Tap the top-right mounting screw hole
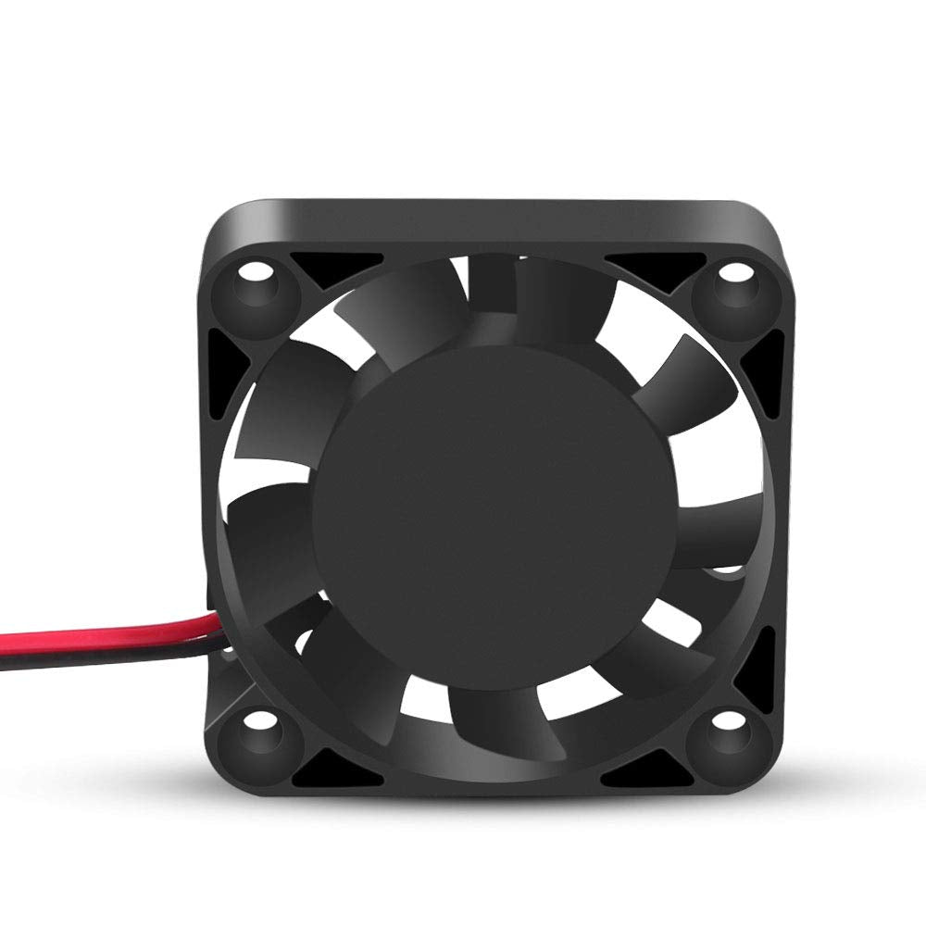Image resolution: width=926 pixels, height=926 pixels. coord(734,272)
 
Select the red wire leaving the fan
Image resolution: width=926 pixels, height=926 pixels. coord(93,636)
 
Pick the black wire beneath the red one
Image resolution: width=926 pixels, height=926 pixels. coord(93,656)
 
